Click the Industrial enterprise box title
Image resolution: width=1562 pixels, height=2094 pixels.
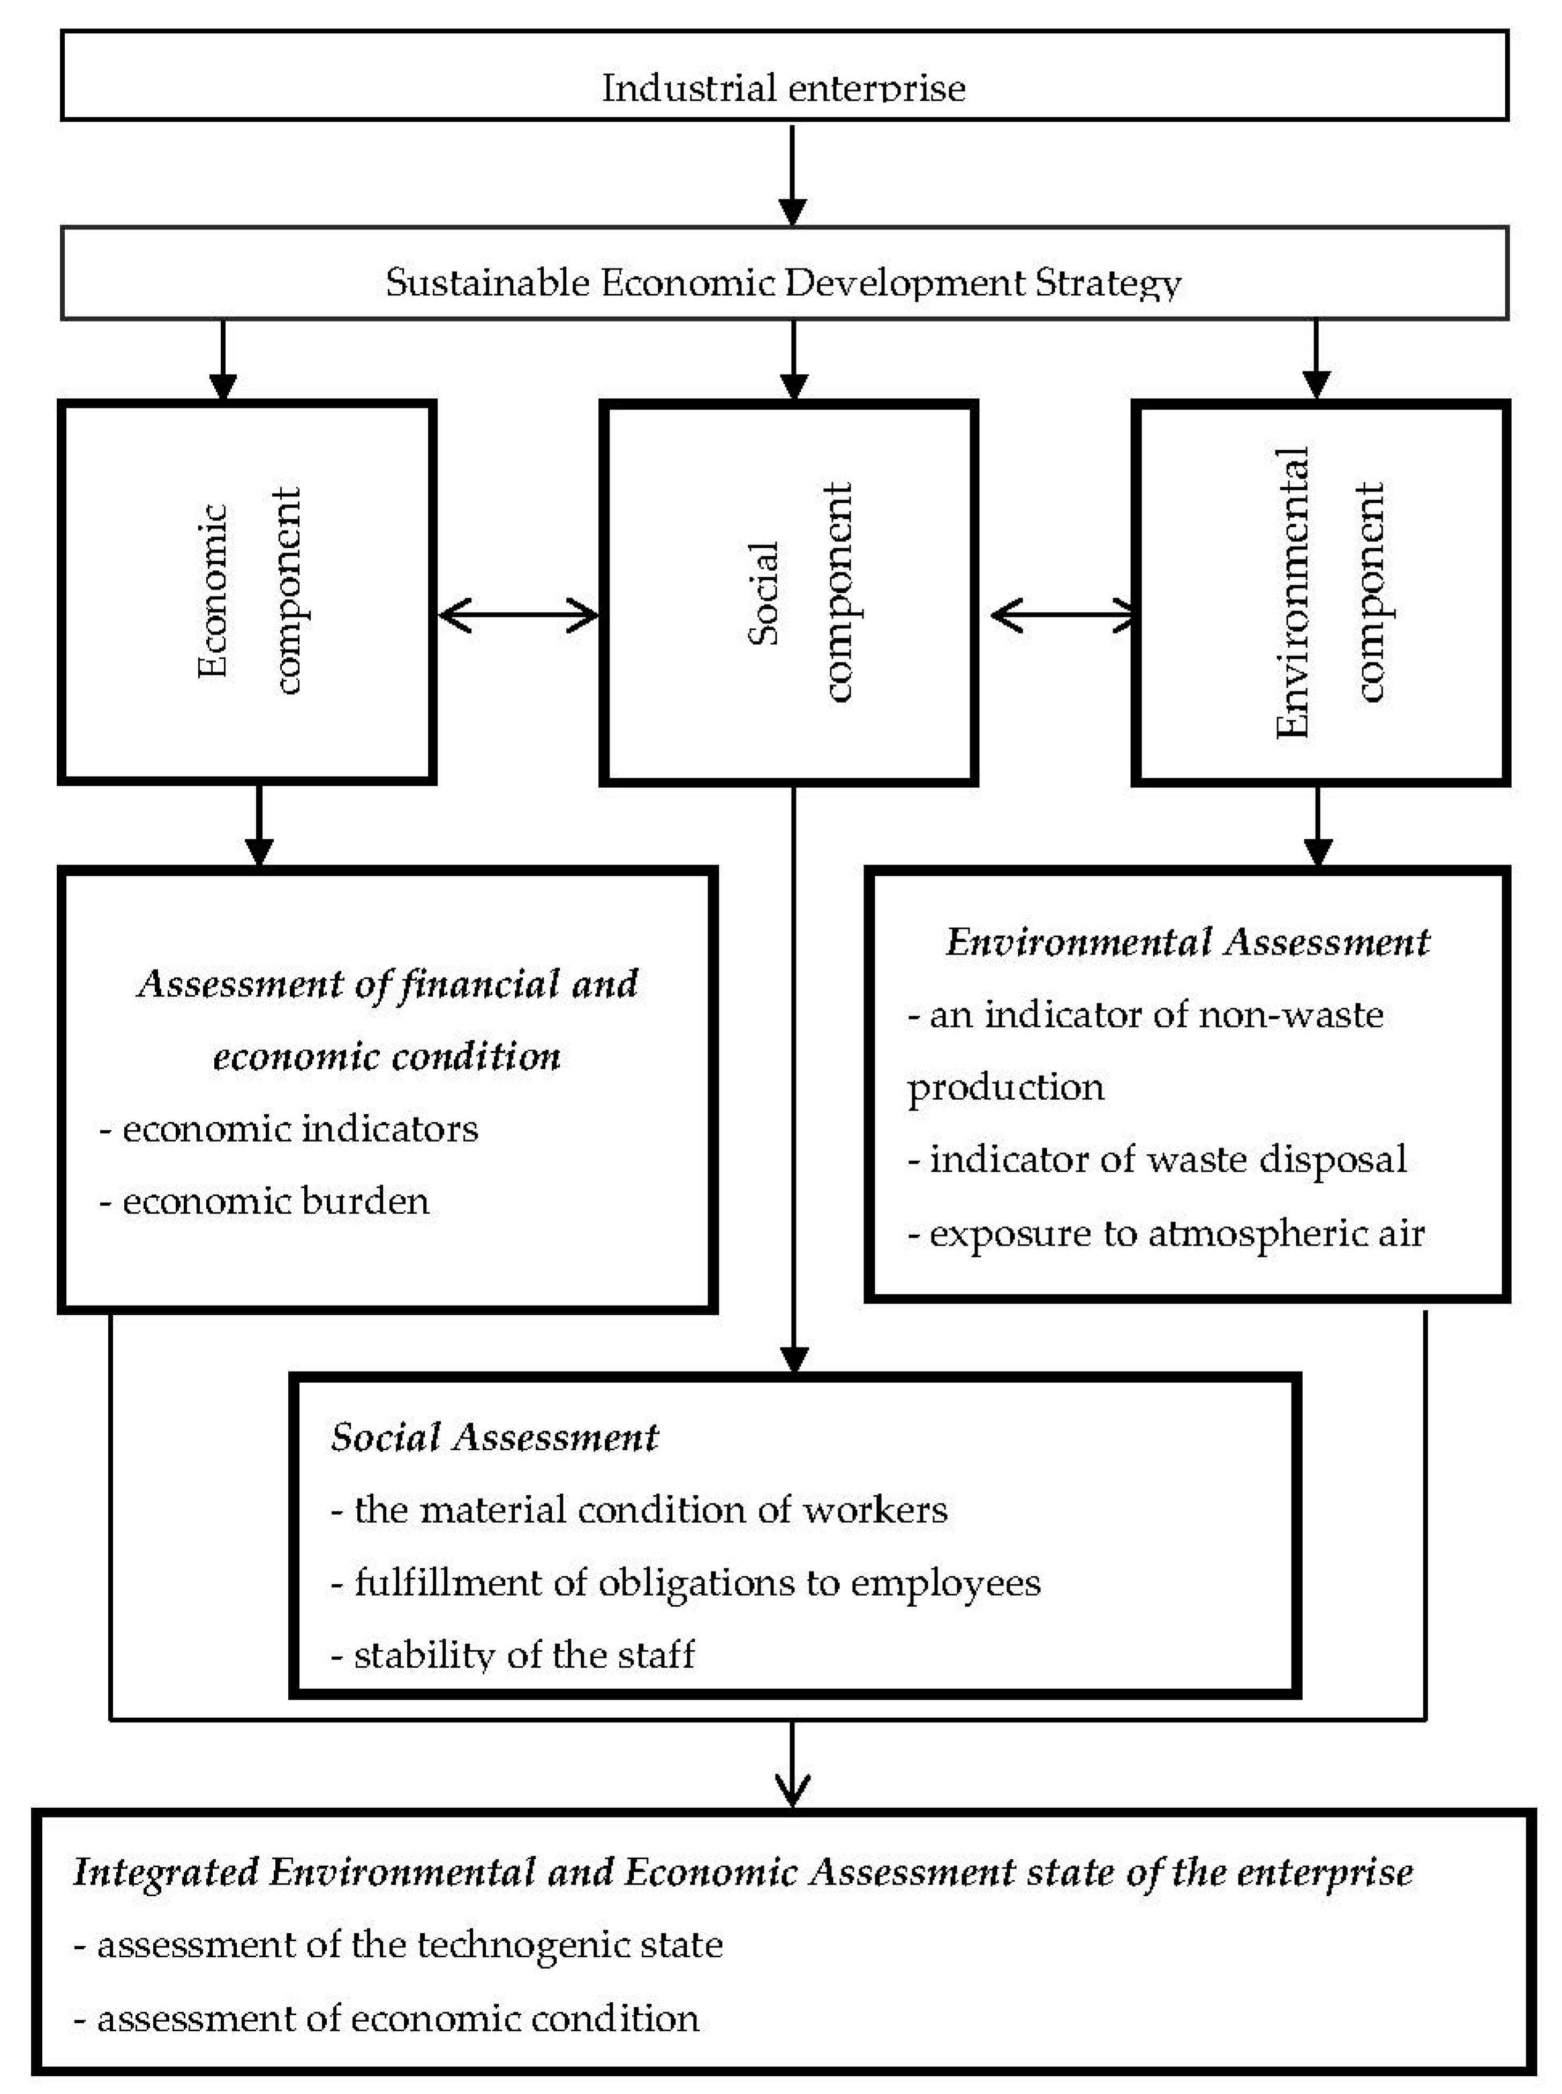click(x=783, y=87)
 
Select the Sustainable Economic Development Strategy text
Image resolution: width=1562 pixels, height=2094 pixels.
click(x=783, y=282)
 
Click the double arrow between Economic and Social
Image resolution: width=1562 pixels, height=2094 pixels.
click(x=518, y=616)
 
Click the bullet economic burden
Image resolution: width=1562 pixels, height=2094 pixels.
click(x=265, y=1201)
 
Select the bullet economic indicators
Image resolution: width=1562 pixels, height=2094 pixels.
click(x=289, y=1128)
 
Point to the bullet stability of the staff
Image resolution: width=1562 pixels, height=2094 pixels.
click(x=513, y=1654)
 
